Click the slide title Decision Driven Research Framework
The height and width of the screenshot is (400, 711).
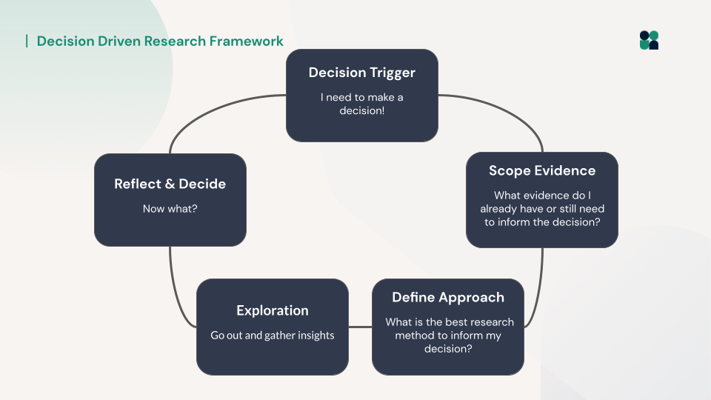(x=160, y=41)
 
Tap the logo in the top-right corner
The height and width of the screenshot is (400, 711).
(x=649, y=40)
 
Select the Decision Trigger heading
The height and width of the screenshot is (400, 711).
(x=361, y=73)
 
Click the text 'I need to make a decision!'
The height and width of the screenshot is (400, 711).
(x=361, y=104)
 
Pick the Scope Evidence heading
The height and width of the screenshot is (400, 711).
(x=541, y=170)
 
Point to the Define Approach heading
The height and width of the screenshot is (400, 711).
(x=447, y=297)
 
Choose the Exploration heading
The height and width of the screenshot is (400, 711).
(x=272, y=310)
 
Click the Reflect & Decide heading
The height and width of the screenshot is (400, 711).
(x=170, y=184)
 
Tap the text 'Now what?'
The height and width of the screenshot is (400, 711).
(x=170, y=209)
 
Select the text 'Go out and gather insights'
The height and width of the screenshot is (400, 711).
(x=272, y=336)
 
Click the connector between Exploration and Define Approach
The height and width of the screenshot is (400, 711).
(x=360, y=327)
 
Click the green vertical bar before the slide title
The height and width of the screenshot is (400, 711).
(x=27, y=41)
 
